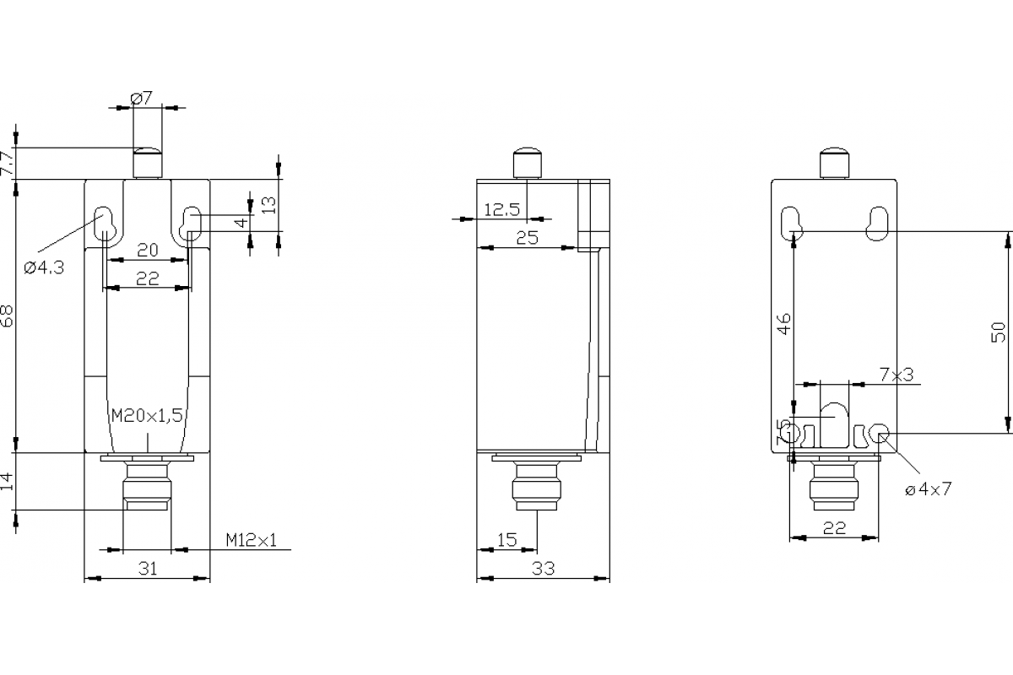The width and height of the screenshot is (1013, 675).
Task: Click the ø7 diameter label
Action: pos(141,99)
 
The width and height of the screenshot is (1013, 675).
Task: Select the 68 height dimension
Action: pos(8,317)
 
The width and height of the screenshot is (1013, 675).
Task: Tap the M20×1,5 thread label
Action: pos(148,415)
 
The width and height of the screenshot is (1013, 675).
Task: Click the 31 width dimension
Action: pos(148,569)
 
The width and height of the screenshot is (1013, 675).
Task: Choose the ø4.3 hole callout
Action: pos(43,267)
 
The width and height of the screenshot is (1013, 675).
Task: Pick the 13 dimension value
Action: pos(268,204)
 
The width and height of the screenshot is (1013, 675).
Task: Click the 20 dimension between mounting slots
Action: pos(148,250)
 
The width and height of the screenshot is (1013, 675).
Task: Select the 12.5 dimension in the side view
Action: pos(501,209)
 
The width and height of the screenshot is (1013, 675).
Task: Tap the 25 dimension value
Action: pos(527,238)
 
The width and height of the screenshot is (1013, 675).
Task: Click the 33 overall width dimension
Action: pos(544,569)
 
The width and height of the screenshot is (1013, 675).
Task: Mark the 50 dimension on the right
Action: pos(999,332)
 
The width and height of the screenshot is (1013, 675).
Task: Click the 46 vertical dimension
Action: pos(784,324)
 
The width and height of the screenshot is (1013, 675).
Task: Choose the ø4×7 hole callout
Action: pos(928,489)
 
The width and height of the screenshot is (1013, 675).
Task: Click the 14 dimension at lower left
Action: pos(8,482)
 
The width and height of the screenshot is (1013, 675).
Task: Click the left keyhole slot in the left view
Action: pos(105,223)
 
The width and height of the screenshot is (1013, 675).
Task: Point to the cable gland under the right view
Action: pos(834,485)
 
